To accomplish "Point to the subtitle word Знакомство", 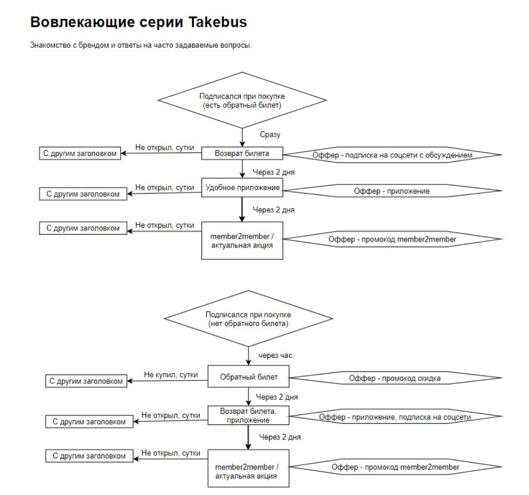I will [x=49, y=46].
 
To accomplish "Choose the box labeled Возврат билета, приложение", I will [x=249, y=415].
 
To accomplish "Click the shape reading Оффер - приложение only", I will [x=391, y=191].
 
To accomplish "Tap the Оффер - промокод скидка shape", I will [x=395, y=378].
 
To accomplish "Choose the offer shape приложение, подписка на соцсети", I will [x=395, y=417].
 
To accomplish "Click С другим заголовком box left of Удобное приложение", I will [x=80, y=194].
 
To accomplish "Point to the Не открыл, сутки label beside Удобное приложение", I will [x=165, y=187].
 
